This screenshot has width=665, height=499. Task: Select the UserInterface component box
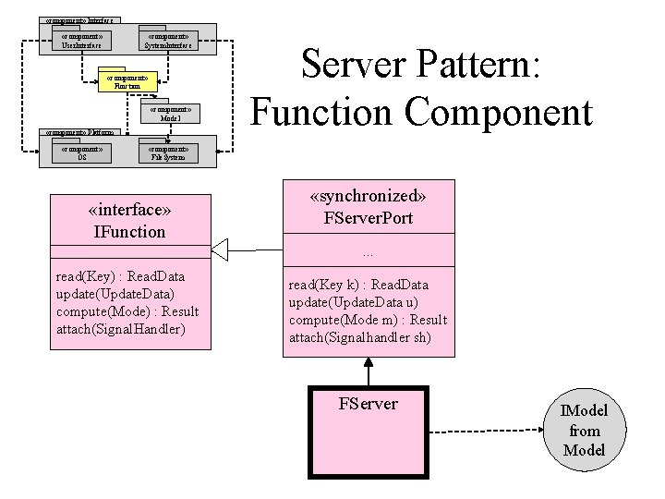click(80, 41)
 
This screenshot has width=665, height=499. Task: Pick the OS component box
click(82, 152)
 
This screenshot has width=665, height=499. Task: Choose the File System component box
click(169, 152)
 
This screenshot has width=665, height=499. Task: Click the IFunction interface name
click(129, 232)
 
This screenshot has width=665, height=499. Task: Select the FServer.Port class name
click(369, 218)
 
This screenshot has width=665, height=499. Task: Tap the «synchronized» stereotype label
click(369, 197)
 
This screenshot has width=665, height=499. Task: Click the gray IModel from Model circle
click(585, 432)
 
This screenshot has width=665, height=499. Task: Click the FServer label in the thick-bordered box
click(369, 403)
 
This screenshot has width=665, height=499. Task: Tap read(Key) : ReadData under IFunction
click(120, 276)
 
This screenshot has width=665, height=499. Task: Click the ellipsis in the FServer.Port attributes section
click(369, 252)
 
